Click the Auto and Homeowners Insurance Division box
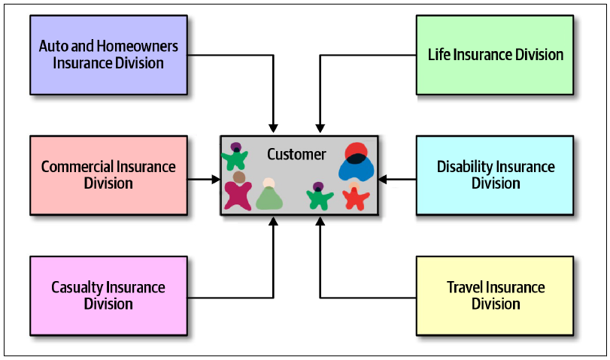[108, 55]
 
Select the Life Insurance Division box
[495, 55]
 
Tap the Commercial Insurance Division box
[108, 175]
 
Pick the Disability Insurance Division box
[495, 175]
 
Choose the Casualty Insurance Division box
[108, 296]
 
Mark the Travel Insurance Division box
[495, 296]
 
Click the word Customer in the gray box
[296, 154]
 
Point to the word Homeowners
[138, 47]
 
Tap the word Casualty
[77, 288]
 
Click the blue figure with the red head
[356, 162]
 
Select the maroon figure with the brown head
[238, 192]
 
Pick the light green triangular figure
[269, 195]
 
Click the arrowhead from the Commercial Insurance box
[216, 179]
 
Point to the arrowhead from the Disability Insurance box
[383, 179]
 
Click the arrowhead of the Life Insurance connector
[320, 129]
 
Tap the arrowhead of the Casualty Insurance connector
[274, 221]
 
